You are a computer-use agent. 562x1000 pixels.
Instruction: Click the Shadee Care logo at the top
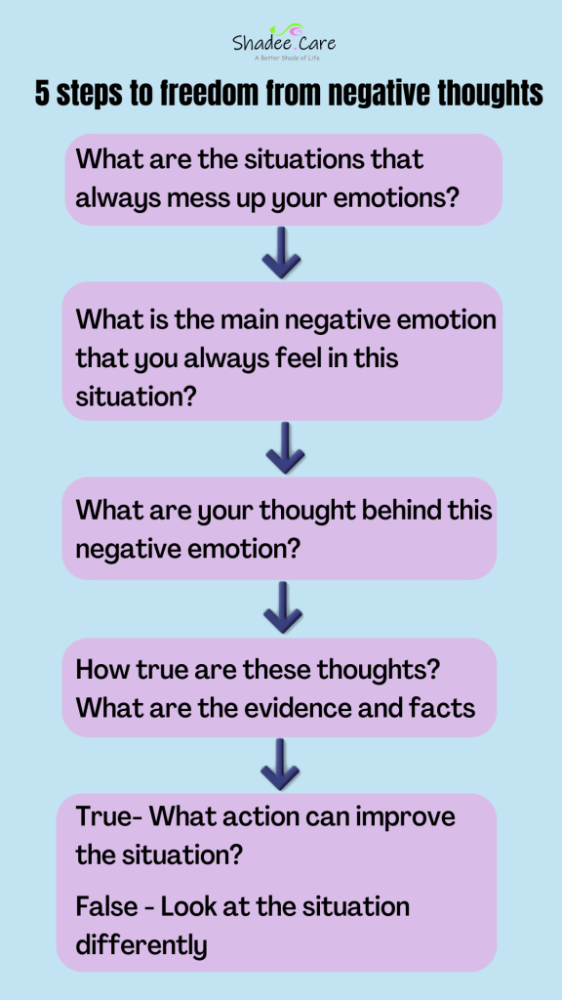tap(284, 42)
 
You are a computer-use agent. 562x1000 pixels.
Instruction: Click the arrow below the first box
tap(281, 253)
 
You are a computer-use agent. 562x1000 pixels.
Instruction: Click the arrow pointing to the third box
tap(285, 447)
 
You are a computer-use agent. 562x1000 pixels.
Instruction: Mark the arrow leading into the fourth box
tap(282, 606)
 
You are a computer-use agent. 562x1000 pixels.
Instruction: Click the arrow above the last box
tap(280, 764)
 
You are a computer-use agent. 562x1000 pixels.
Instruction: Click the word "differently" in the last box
tap(141, 945)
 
